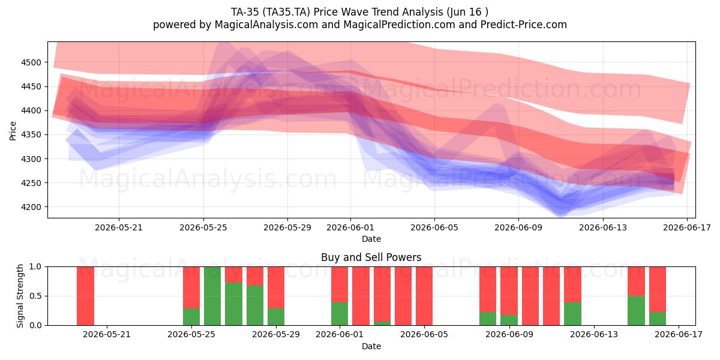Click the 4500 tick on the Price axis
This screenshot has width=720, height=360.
[31, 62]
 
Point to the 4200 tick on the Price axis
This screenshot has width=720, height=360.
[31, 207]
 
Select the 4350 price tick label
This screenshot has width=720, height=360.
[31, 134]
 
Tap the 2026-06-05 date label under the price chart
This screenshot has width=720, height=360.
[434, 227]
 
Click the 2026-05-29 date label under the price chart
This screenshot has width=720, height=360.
[287, 227]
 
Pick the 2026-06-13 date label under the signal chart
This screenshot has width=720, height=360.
[594, 335]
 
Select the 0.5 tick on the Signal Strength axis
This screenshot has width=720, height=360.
[35, 296]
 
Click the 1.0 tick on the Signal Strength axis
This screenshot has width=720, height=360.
[35, 266]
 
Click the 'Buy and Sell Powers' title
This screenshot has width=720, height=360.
[371, 257]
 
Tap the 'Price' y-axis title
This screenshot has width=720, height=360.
[13, 131]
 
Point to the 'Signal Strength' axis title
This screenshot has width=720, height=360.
[20, 296]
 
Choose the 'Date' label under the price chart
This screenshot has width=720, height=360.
[371, 239]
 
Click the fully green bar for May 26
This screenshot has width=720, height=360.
[212, 296]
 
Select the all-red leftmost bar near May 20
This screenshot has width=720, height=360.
[85, 296]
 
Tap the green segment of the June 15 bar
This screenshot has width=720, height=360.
[636, 310]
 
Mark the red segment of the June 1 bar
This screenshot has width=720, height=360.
[340, 284]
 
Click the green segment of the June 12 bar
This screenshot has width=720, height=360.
[572, 314]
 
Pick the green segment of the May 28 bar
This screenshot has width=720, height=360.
[255, 305]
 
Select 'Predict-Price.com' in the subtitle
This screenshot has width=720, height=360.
[524, 25]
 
